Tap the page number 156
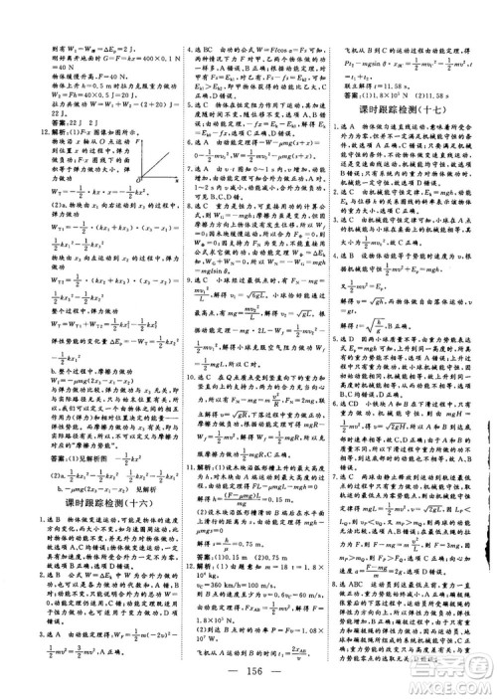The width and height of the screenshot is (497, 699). tap(249, 669)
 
